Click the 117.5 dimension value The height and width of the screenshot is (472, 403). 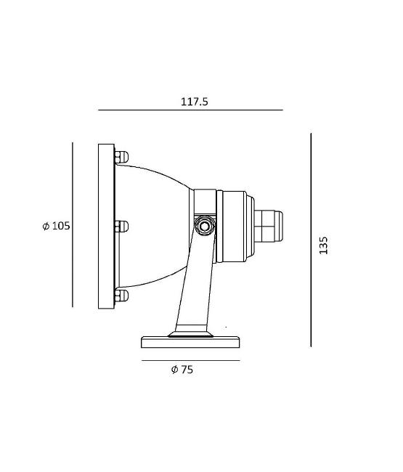tap(194, 102)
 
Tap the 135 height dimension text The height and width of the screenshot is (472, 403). tap(323, 245)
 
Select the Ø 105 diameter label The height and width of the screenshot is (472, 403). tap(57, 226)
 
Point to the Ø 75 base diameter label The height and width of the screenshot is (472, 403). tap(182, 370)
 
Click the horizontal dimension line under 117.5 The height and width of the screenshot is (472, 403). tap(190, 110)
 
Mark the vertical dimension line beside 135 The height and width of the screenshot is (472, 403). tap(311, 240)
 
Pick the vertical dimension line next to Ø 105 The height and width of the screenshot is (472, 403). tap(73, 225)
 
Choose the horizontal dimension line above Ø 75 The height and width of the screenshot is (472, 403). tap(191, 360)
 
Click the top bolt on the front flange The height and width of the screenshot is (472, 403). tap(121, 157)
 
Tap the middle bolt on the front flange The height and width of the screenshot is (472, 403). tap(121, 227)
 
